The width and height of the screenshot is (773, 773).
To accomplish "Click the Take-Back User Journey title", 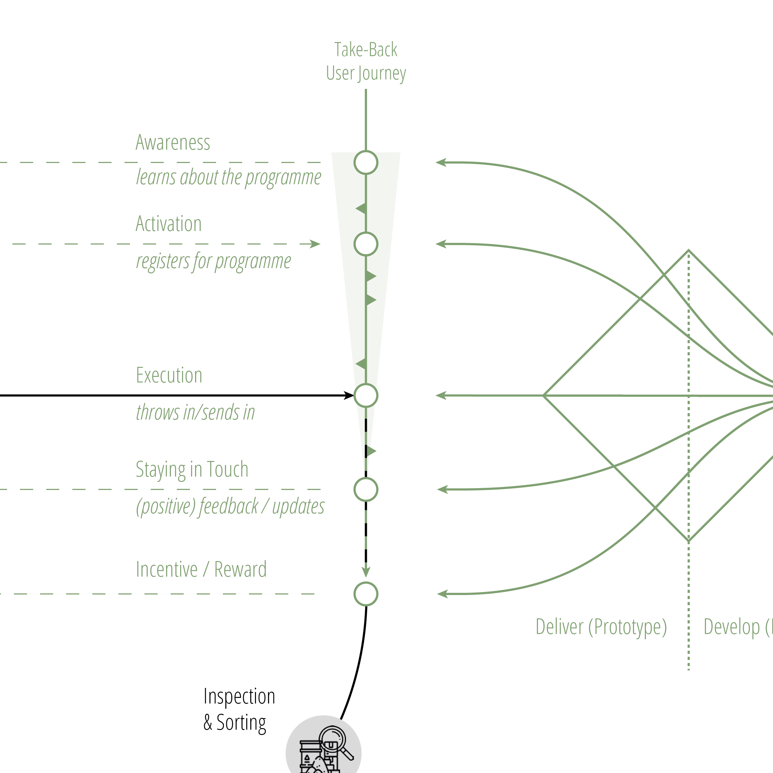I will pyautogui.click(x=366, y=61).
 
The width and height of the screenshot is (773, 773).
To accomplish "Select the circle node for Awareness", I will pyautogui.click(x=366, y=162).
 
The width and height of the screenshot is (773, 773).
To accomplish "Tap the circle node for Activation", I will pyautogui.click(x=366, y=244).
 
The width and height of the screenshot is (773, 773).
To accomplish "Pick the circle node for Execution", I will pyautogui.click(x=366, y=395).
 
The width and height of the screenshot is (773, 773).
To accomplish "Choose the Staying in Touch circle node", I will pyautogui.click(x=366, y=489).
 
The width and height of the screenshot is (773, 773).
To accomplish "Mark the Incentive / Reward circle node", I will pyautogui.click(x=366, y=594).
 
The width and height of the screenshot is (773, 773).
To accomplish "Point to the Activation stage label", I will pyautogui.click(x=168, y=224).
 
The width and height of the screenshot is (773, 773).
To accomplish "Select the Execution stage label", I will pyautogui.click(x=169, y=375).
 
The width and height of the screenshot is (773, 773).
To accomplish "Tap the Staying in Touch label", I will pyautogui.click(x=192, y=469).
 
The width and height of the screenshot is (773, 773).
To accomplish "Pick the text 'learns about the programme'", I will pyautogui.click(x=228, y=177).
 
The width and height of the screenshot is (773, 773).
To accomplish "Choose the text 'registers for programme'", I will pyautogui.click(x=213, y=261).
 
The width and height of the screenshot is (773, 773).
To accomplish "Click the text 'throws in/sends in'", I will pyautogui.click(x=195, y=412).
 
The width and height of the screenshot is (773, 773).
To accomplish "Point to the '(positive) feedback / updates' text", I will pyautogui.click(x=230, y=507).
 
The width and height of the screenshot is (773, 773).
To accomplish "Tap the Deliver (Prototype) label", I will pyautogui.click(x=601, y=627).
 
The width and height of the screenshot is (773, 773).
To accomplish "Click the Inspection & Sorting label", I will pyautogui.click(x=239, y=709).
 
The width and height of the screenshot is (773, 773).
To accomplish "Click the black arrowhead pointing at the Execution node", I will pyautogui.click(x=349, y=395).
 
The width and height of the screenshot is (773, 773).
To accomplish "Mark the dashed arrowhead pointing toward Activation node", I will pyautogui.click(x=315, y=244).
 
